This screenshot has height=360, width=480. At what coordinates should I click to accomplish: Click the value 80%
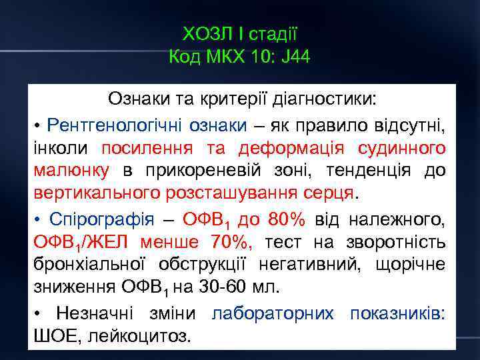tap(287, 219)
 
